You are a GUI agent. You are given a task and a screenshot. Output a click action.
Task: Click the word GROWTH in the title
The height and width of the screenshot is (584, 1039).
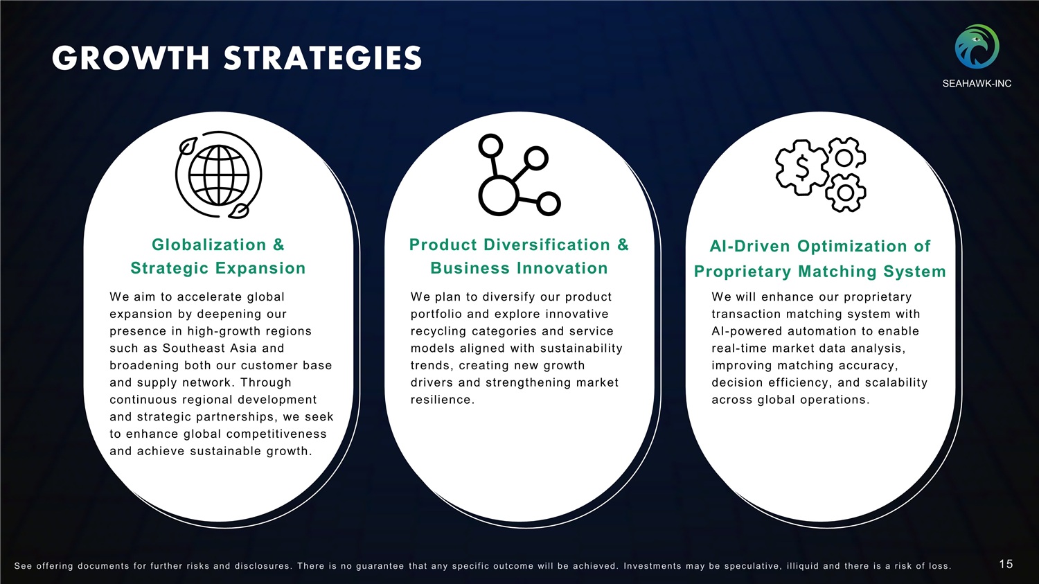131,58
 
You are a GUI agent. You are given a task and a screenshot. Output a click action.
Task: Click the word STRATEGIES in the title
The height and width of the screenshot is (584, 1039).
323,58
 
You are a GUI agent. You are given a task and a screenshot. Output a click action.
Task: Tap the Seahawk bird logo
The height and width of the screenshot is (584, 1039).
977,46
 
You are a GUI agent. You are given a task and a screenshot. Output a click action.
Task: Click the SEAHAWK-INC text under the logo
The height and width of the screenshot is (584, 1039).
977,84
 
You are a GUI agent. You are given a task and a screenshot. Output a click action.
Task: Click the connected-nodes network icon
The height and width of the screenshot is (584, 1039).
519,175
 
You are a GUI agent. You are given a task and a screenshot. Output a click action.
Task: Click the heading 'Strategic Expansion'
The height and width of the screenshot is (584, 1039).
218,268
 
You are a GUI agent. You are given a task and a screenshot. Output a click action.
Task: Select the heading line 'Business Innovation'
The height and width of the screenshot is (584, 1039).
519,268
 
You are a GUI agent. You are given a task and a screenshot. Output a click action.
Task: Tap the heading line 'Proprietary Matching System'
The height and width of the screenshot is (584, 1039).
819,272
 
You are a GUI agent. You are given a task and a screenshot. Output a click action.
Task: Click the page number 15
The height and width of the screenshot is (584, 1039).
1006,564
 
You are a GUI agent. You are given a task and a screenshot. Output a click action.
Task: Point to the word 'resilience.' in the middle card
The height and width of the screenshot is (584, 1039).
443,400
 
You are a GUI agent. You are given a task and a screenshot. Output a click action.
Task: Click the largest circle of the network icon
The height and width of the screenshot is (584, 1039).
497,195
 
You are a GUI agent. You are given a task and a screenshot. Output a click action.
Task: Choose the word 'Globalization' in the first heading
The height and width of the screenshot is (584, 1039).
208,245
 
